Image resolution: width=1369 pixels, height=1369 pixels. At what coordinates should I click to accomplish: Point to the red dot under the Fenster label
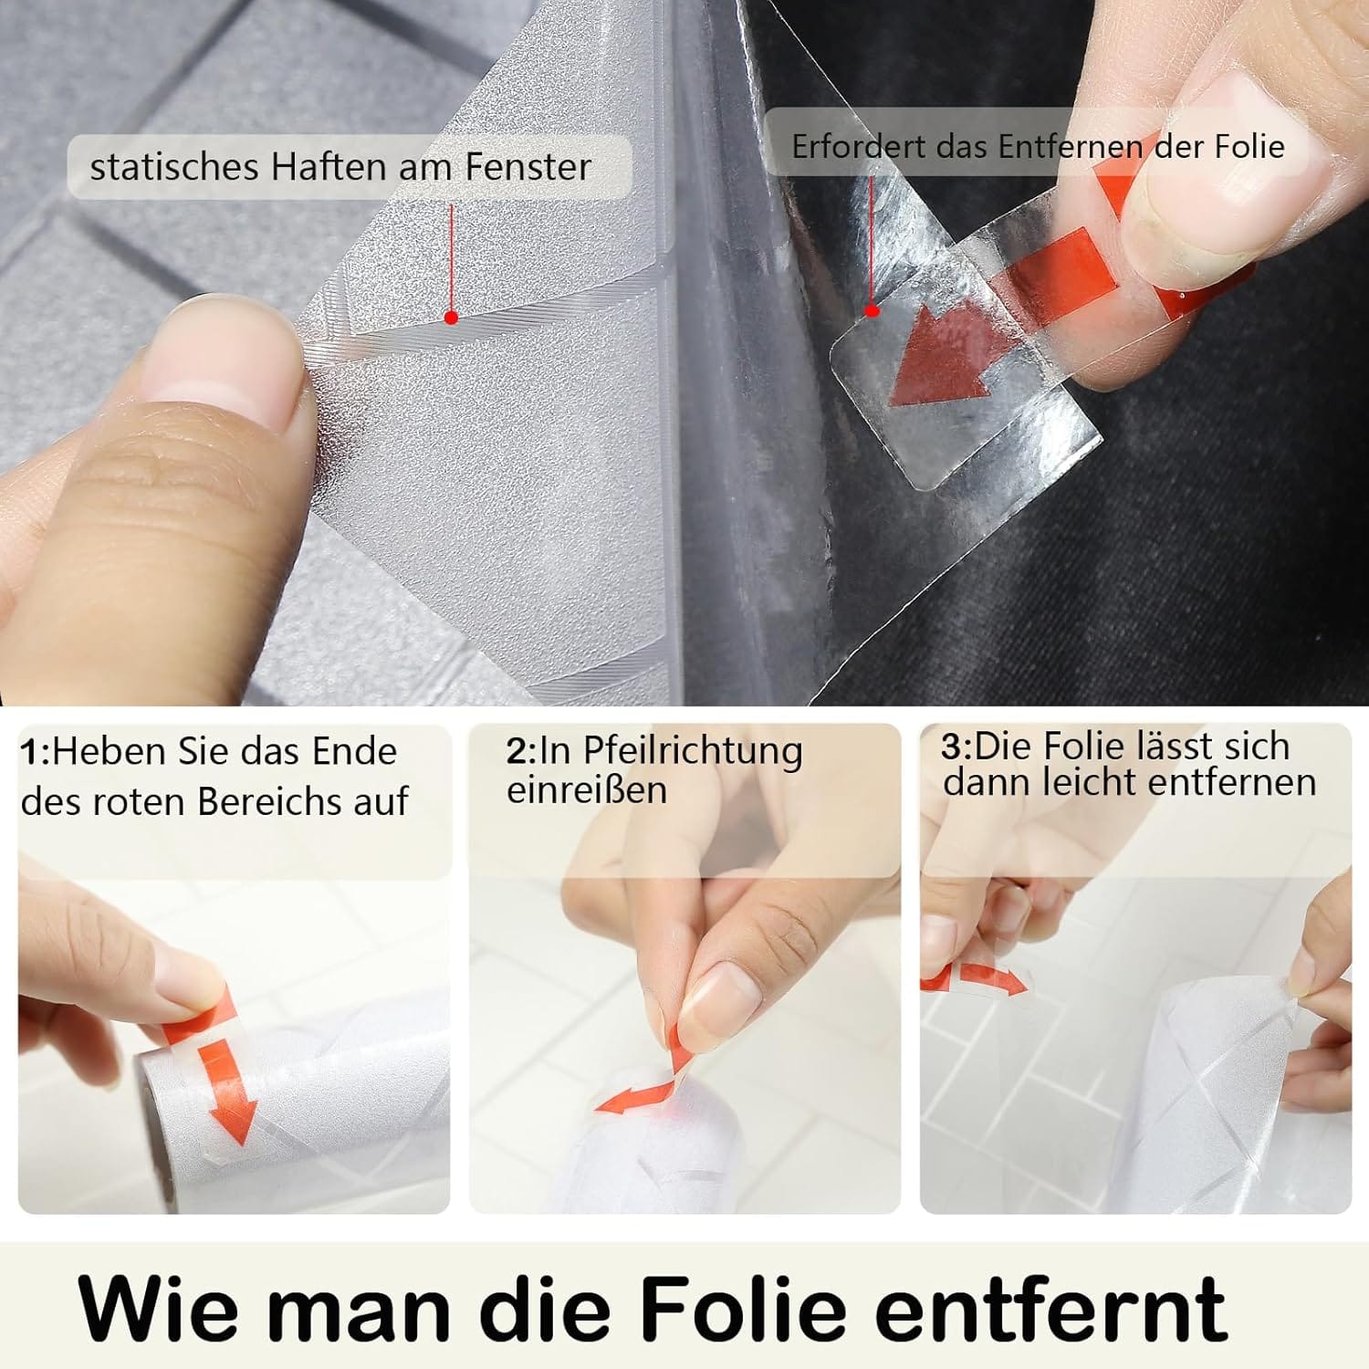coord(451,318)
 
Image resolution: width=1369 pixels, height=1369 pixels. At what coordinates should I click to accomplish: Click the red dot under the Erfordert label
coord(872,310)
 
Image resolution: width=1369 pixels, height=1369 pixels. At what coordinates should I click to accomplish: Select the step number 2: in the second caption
coord(522,750)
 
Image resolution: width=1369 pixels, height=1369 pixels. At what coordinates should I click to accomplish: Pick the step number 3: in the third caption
coord(957,747)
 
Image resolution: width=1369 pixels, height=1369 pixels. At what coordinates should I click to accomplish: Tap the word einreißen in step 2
coord(587,789)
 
